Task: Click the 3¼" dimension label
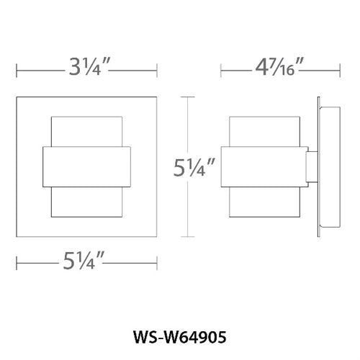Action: pyautogui.click(x=88, y=71)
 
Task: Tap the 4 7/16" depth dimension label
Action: pyautogui.click(x=274, y=71)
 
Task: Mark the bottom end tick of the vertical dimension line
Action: pyautogui.click(x=189, y=237)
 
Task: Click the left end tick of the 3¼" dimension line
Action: pyautogui.click(x=17, y=71)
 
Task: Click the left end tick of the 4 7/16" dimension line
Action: pyautogui.click(x=222, y=71)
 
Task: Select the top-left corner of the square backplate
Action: pyautogui.click(x=17, y=95)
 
